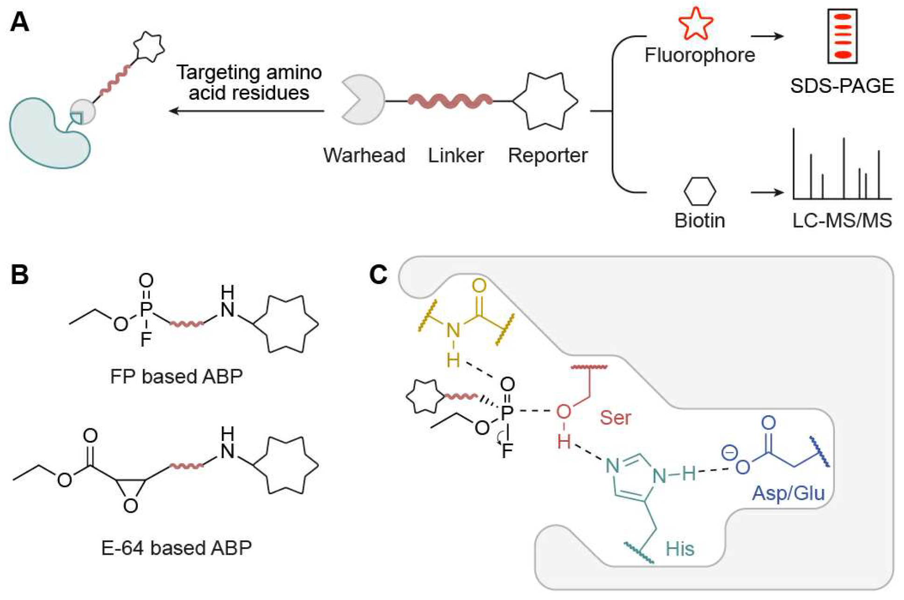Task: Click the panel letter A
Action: coord(20,22)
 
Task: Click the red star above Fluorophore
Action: coord(695,24)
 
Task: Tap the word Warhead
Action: coord(364,155)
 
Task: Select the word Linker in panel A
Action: coord(456,155)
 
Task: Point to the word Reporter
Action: coord(548,155)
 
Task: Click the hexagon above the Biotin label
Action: coord(699,191)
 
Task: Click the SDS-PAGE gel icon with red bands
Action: coord(842,36)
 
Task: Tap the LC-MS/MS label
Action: coord(842,220)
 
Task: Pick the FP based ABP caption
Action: coord(177,376)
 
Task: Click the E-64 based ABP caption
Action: coord(177,547)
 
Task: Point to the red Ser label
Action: coord(615,418)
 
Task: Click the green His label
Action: coord(680,549)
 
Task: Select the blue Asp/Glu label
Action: coord(788,493)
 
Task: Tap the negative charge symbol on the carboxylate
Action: coord(729,453)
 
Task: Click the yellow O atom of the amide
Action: coord(479,286)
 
